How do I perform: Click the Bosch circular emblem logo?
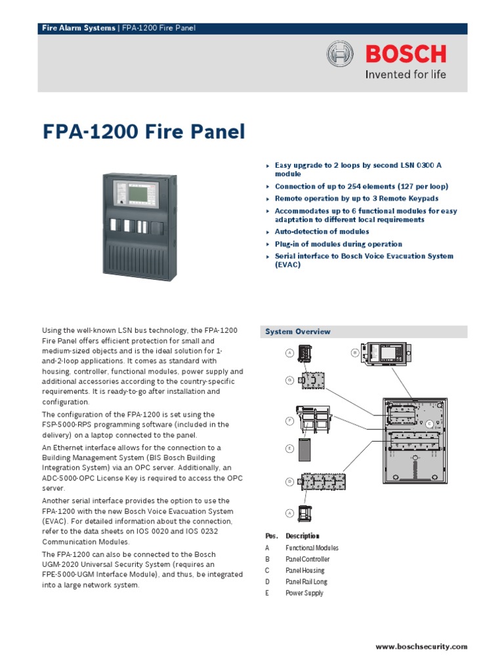[340, 53]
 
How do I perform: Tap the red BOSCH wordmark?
[406, 53]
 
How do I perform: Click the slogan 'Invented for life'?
[405, 74]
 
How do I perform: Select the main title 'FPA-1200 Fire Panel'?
[144, 132]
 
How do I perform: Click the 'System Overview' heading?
[298, 332]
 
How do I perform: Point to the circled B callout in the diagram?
[354, 353]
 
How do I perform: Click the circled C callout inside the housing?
[429, 424]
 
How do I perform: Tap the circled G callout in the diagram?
[289, 380]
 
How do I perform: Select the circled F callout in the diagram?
[289, 421]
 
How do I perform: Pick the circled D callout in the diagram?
[289, 482]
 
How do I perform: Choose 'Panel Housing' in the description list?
[304, 571]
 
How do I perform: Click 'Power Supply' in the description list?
[304, 593]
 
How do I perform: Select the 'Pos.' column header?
[271, 536]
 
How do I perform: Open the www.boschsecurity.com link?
[421, 647]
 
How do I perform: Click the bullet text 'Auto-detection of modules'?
[322, 231]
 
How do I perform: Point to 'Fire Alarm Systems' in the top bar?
[78, 28]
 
